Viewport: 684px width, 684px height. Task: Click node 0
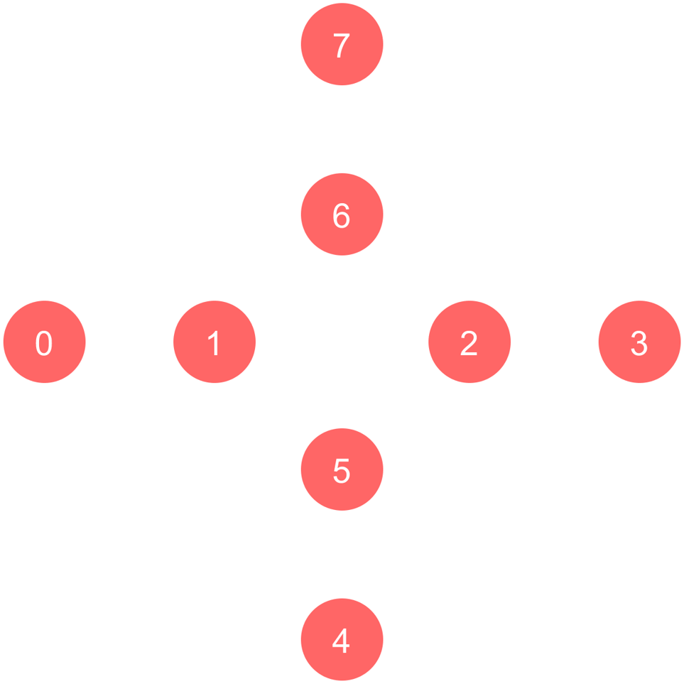coord(44,342)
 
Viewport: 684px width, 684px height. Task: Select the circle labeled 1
coord(215,342)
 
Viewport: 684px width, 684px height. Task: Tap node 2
coord(469,342)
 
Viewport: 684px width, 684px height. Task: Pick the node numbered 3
coord(639,342)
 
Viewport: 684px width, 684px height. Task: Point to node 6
coord(342,215)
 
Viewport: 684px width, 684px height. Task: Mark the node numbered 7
coord(342,44)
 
